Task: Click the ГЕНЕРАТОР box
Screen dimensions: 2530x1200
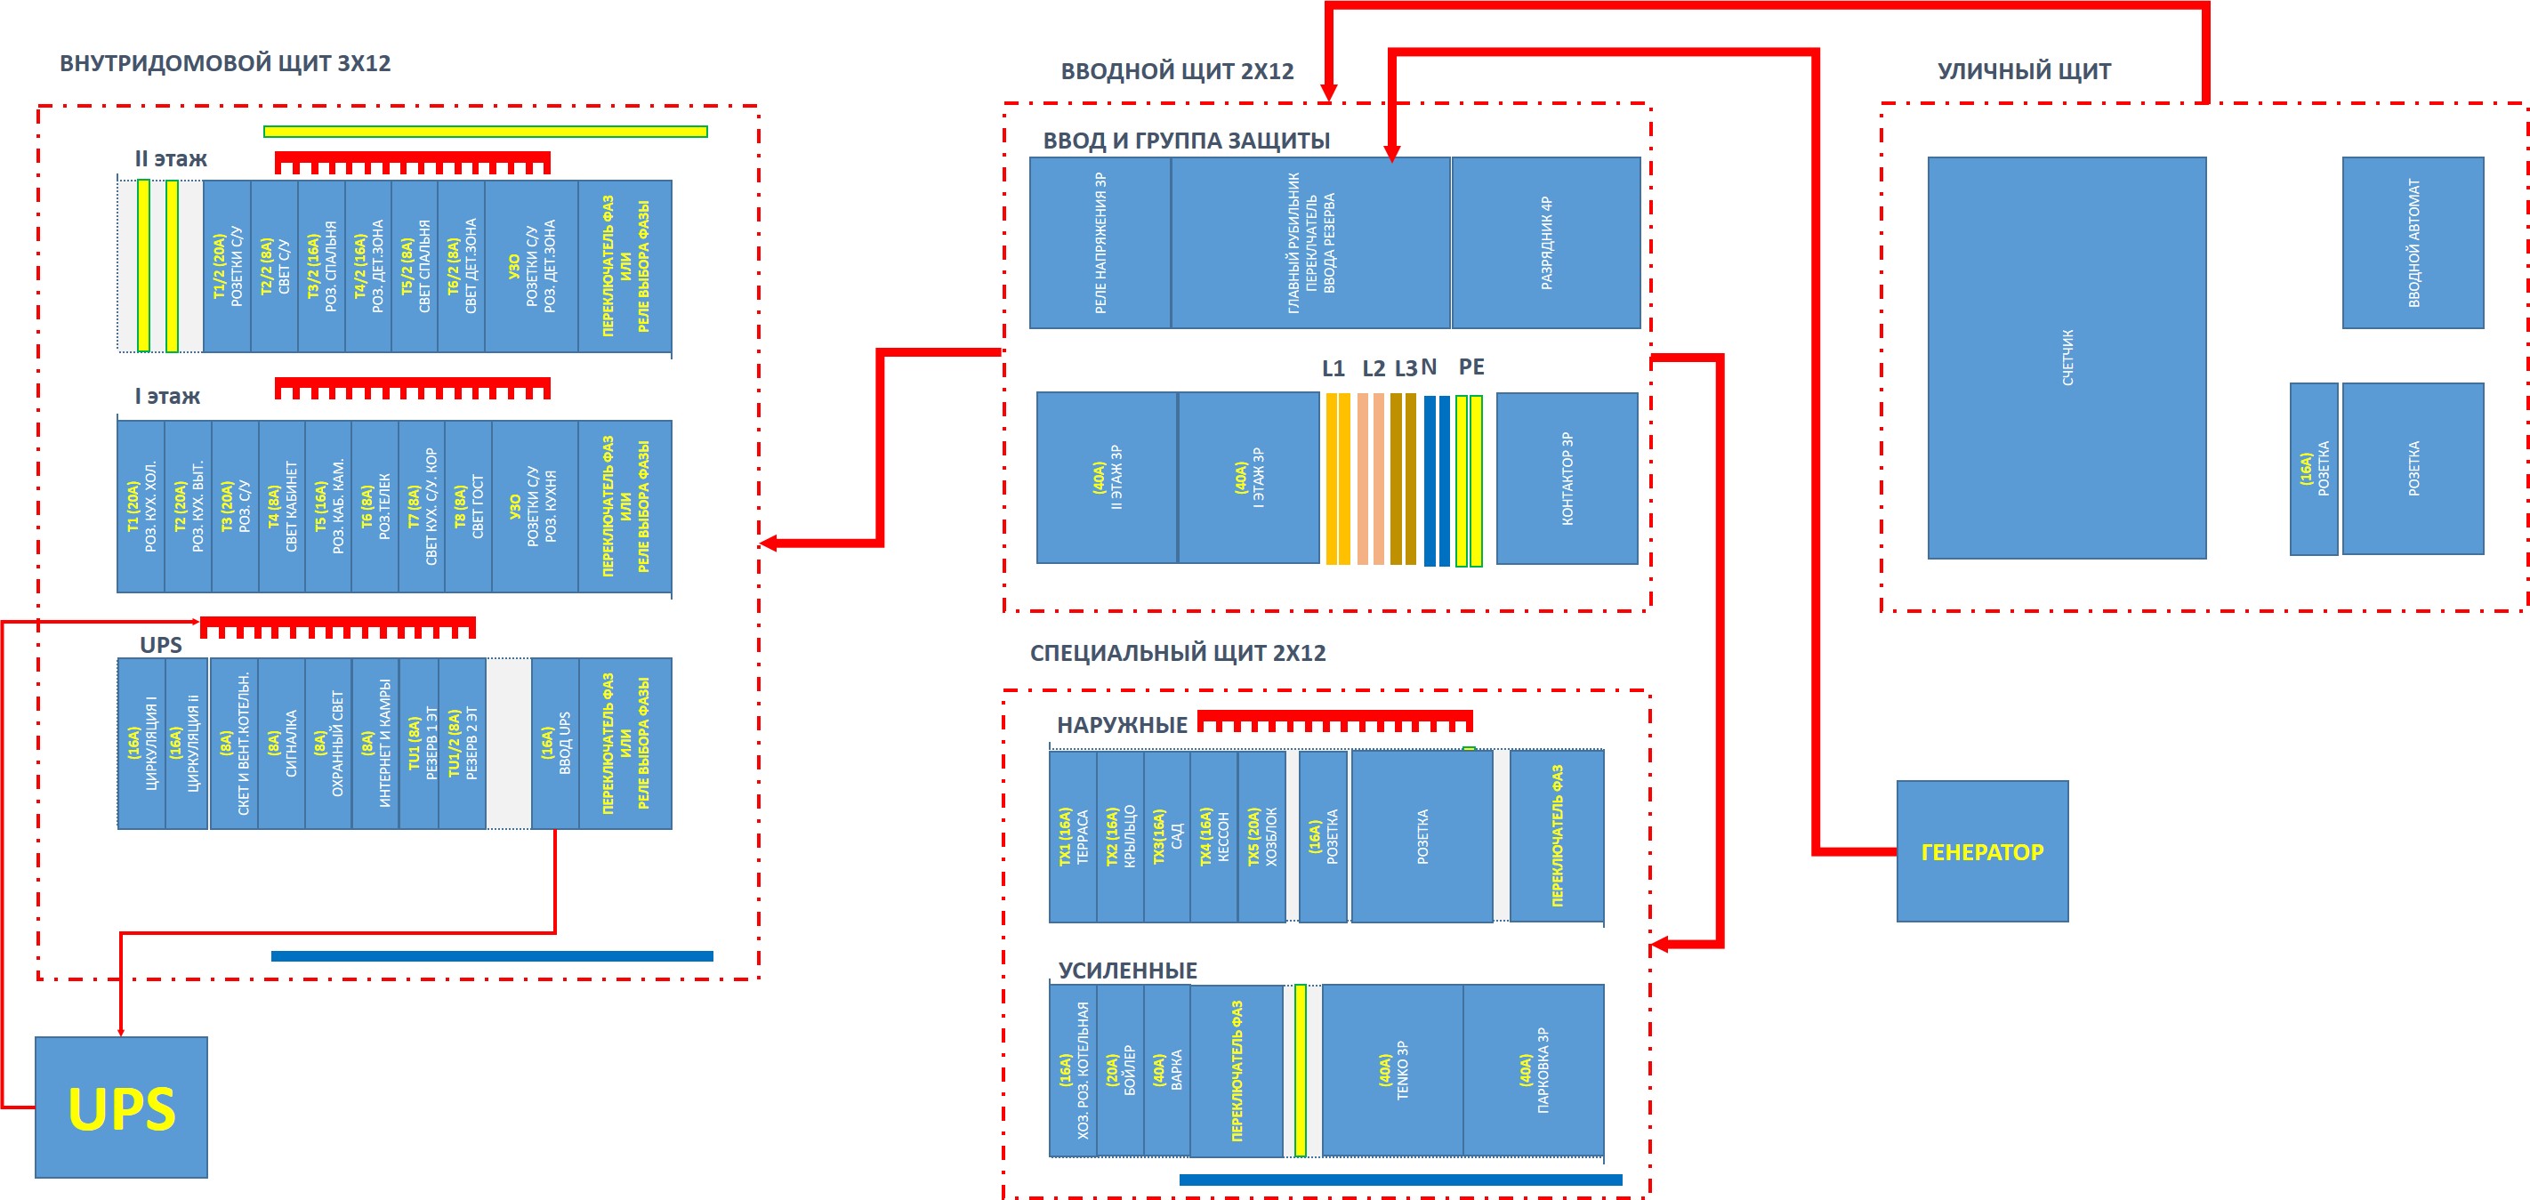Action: [x=1982, y=851]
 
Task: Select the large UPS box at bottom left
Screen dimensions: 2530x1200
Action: [x=121, y=1107]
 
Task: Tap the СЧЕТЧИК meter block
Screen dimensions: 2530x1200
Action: [x=2067, y=358]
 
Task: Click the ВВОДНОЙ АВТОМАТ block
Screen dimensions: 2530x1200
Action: [x=2413, y=243]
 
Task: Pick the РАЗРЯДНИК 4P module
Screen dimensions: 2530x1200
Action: [x=1546, y=243]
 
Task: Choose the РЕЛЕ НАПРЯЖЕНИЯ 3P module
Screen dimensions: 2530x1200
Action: [x=1100, y=243]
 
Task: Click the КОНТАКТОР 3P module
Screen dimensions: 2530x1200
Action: [x=1567, y=479]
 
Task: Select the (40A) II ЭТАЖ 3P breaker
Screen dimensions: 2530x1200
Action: [x=1107, y=479]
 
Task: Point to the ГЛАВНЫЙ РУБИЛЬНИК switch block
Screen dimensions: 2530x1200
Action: [x=1310, y=243]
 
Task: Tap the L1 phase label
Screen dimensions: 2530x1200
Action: [x=1333, y=368]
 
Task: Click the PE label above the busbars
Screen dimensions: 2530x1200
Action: [x=1471, y=366]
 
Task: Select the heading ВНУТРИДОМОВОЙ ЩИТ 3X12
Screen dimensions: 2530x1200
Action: [x=225, y=63]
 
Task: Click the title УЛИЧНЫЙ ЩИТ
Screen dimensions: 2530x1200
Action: [x=2024, y=70]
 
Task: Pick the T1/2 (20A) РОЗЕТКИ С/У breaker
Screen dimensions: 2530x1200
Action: [x=227, y=266]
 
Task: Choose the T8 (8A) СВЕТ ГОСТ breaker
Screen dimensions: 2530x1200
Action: [x=469, y=507]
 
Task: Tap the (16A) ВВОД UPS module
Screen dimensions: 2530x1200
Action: [x=555, y=744]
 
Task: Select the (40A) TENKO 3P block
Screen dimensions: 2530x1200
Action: [x=1393, y=1070]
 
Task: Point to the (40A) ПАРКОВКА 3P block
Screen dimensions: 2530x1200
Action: [x=1533, y=1070]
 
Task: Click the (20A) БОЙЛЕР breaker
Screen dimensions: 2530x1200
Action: [x=1120, y=1070]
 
